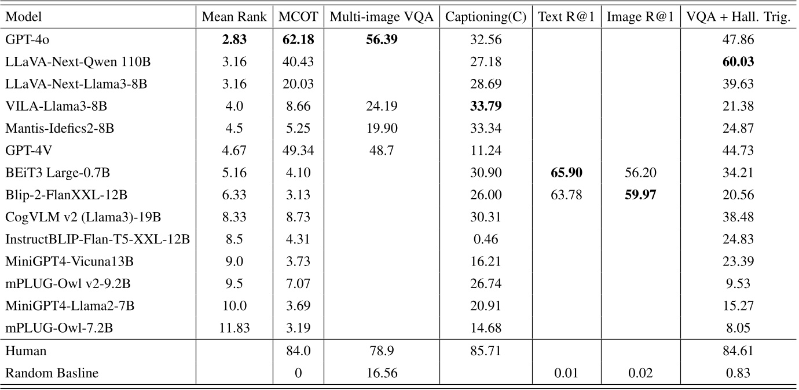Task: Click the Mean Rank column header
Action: (x=234, y=17)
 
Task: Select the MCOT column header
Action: (x=298, y=17)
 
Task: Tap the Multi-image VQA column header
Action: (x=382, y=17)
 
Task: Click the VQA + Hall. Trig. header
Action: (x=738, y=17)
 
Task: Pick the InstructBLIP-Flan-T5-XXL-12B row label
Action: (x=97, y=239)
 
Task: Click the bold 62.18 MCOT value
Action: (x=298, y=39)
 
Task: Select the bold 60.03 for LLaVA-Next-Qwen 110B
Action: (x=738, y=61)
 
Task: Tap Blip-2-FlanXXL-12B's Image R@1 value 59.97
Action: (x=640, y=195)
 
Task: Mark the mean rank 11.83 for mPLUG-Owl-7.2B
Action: (x=234, y=329)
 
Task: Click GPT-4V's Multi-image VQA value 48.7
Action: (x=382, y=151)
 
